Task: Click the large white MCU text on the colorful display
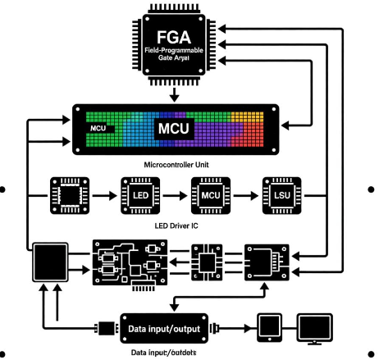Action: click(x=176, y=130)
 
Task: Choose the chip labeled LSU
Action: click(x=280, y=197)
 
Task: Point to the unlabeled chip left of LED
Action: click(x=68, y=197)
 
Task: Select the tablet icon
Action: click(x=270, y=328)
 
